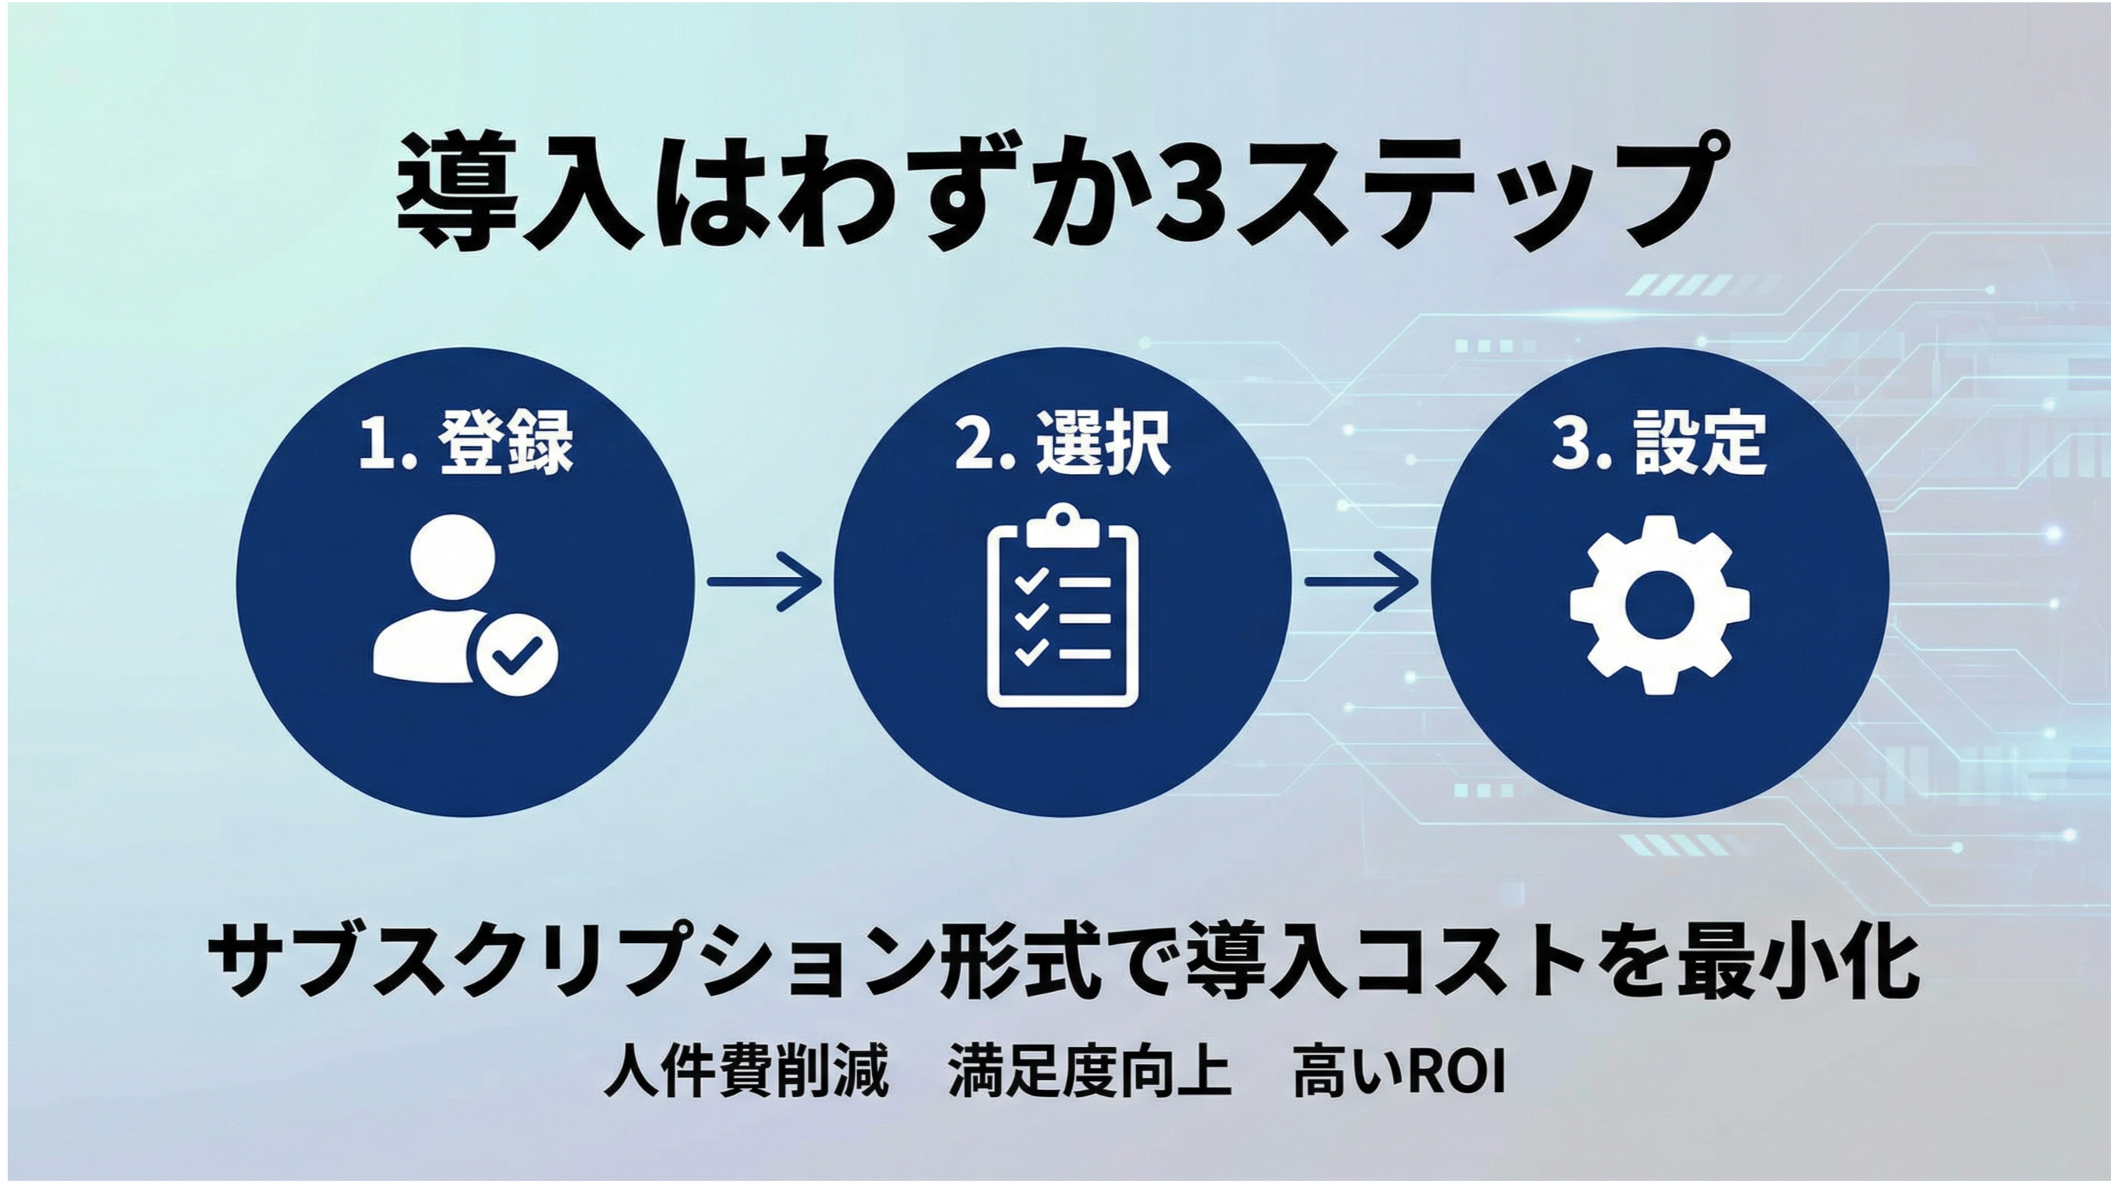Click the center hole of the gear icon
coord(1659,606)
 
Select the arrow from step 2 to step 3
coord(1360,582)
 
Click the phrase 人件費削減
coord(746,1071)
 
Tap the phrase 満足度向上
coord(1090,1071)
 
